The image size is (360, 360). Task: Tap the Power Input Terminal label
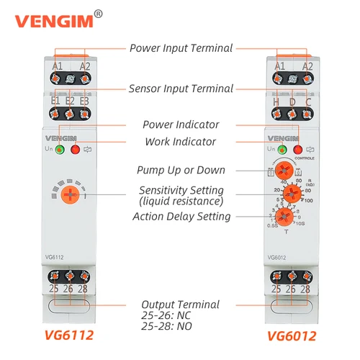181,48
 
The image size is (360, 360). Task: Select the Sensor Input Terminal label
181,89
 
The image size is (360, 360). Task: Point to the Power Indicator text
180,125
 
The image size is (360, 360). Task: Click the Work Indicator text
180,142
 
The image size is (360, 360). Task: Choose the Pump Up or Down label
181,171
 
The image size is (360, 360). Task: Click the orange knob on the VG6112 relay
70,194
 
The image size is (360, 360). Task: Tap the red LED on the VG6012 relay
297,149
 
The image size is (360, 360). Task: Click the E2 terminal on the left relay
70,100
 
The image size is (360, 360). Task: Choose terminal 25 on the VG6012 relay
276,288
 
